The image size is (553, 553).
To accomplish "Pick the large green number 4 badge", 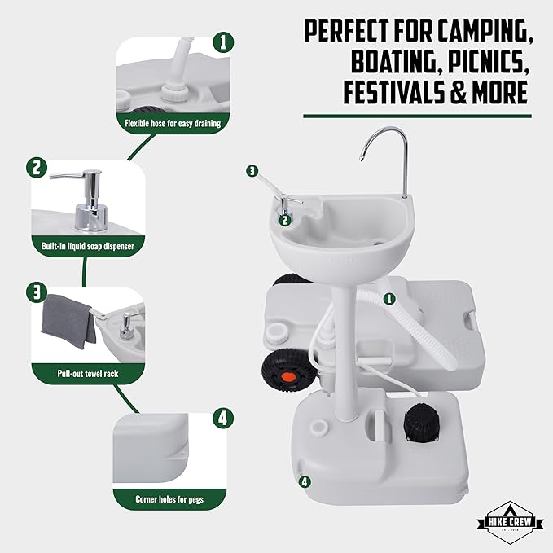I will (221, 419).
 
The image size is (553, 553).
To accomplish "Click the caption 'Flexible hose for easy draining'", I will (172, 124).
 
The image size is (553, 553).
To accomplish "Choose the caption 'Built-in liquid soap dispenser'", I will (87, 244).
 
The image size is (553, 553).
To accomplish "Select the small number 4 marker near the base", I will (305, 481).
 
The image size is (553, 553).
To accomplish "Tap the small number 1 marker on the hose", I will (388, 298).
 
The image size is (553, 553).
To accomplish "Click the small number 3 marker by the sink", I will (252, 171).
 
